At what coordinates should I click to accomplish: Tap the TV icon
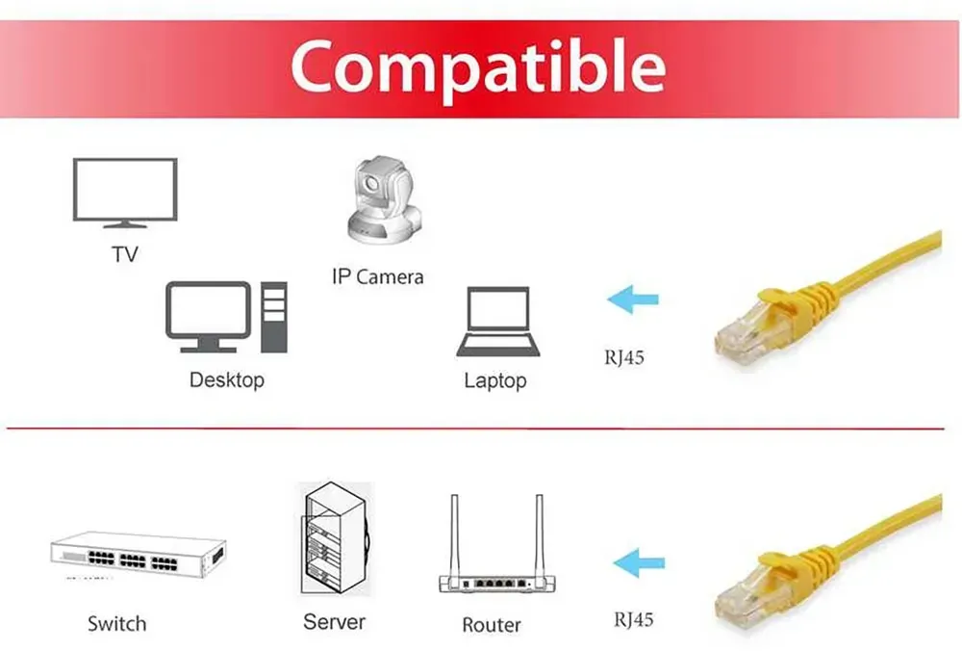pos(125,193)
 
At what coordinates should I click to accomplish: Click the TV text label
pos(125,254)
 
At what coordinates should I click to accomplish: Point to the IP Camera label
pos(377,277)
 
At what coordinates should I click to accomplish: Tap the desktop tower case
pos(273,317)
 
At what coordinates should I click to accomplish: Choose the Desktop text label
pos(227,379)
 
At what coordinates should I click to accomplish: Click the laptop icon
pos(498,322)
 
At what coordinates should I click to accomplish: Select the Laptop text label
pos(495,380)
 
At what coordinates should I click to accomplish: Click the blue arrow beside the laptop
pos(633,299)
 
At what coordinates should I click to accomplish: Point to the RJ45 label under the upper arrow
pos(624,357)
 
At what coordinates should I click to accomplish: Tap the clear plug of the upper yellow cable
pos(745,335)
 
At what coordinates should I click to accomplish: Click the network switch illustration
pos(139,555)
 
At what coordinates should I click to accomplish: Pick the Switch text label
pos(116,623)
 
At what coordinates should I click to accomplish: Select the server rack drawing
pos(336,538)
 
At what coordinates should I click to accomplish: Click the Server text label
pos(335,621)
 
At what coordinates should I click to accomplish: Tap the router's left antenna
pos(455,535)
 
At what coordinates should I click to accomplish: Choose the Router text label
pos(492,625)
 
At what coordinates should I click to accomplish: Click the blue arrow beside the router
pos(639,562)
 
